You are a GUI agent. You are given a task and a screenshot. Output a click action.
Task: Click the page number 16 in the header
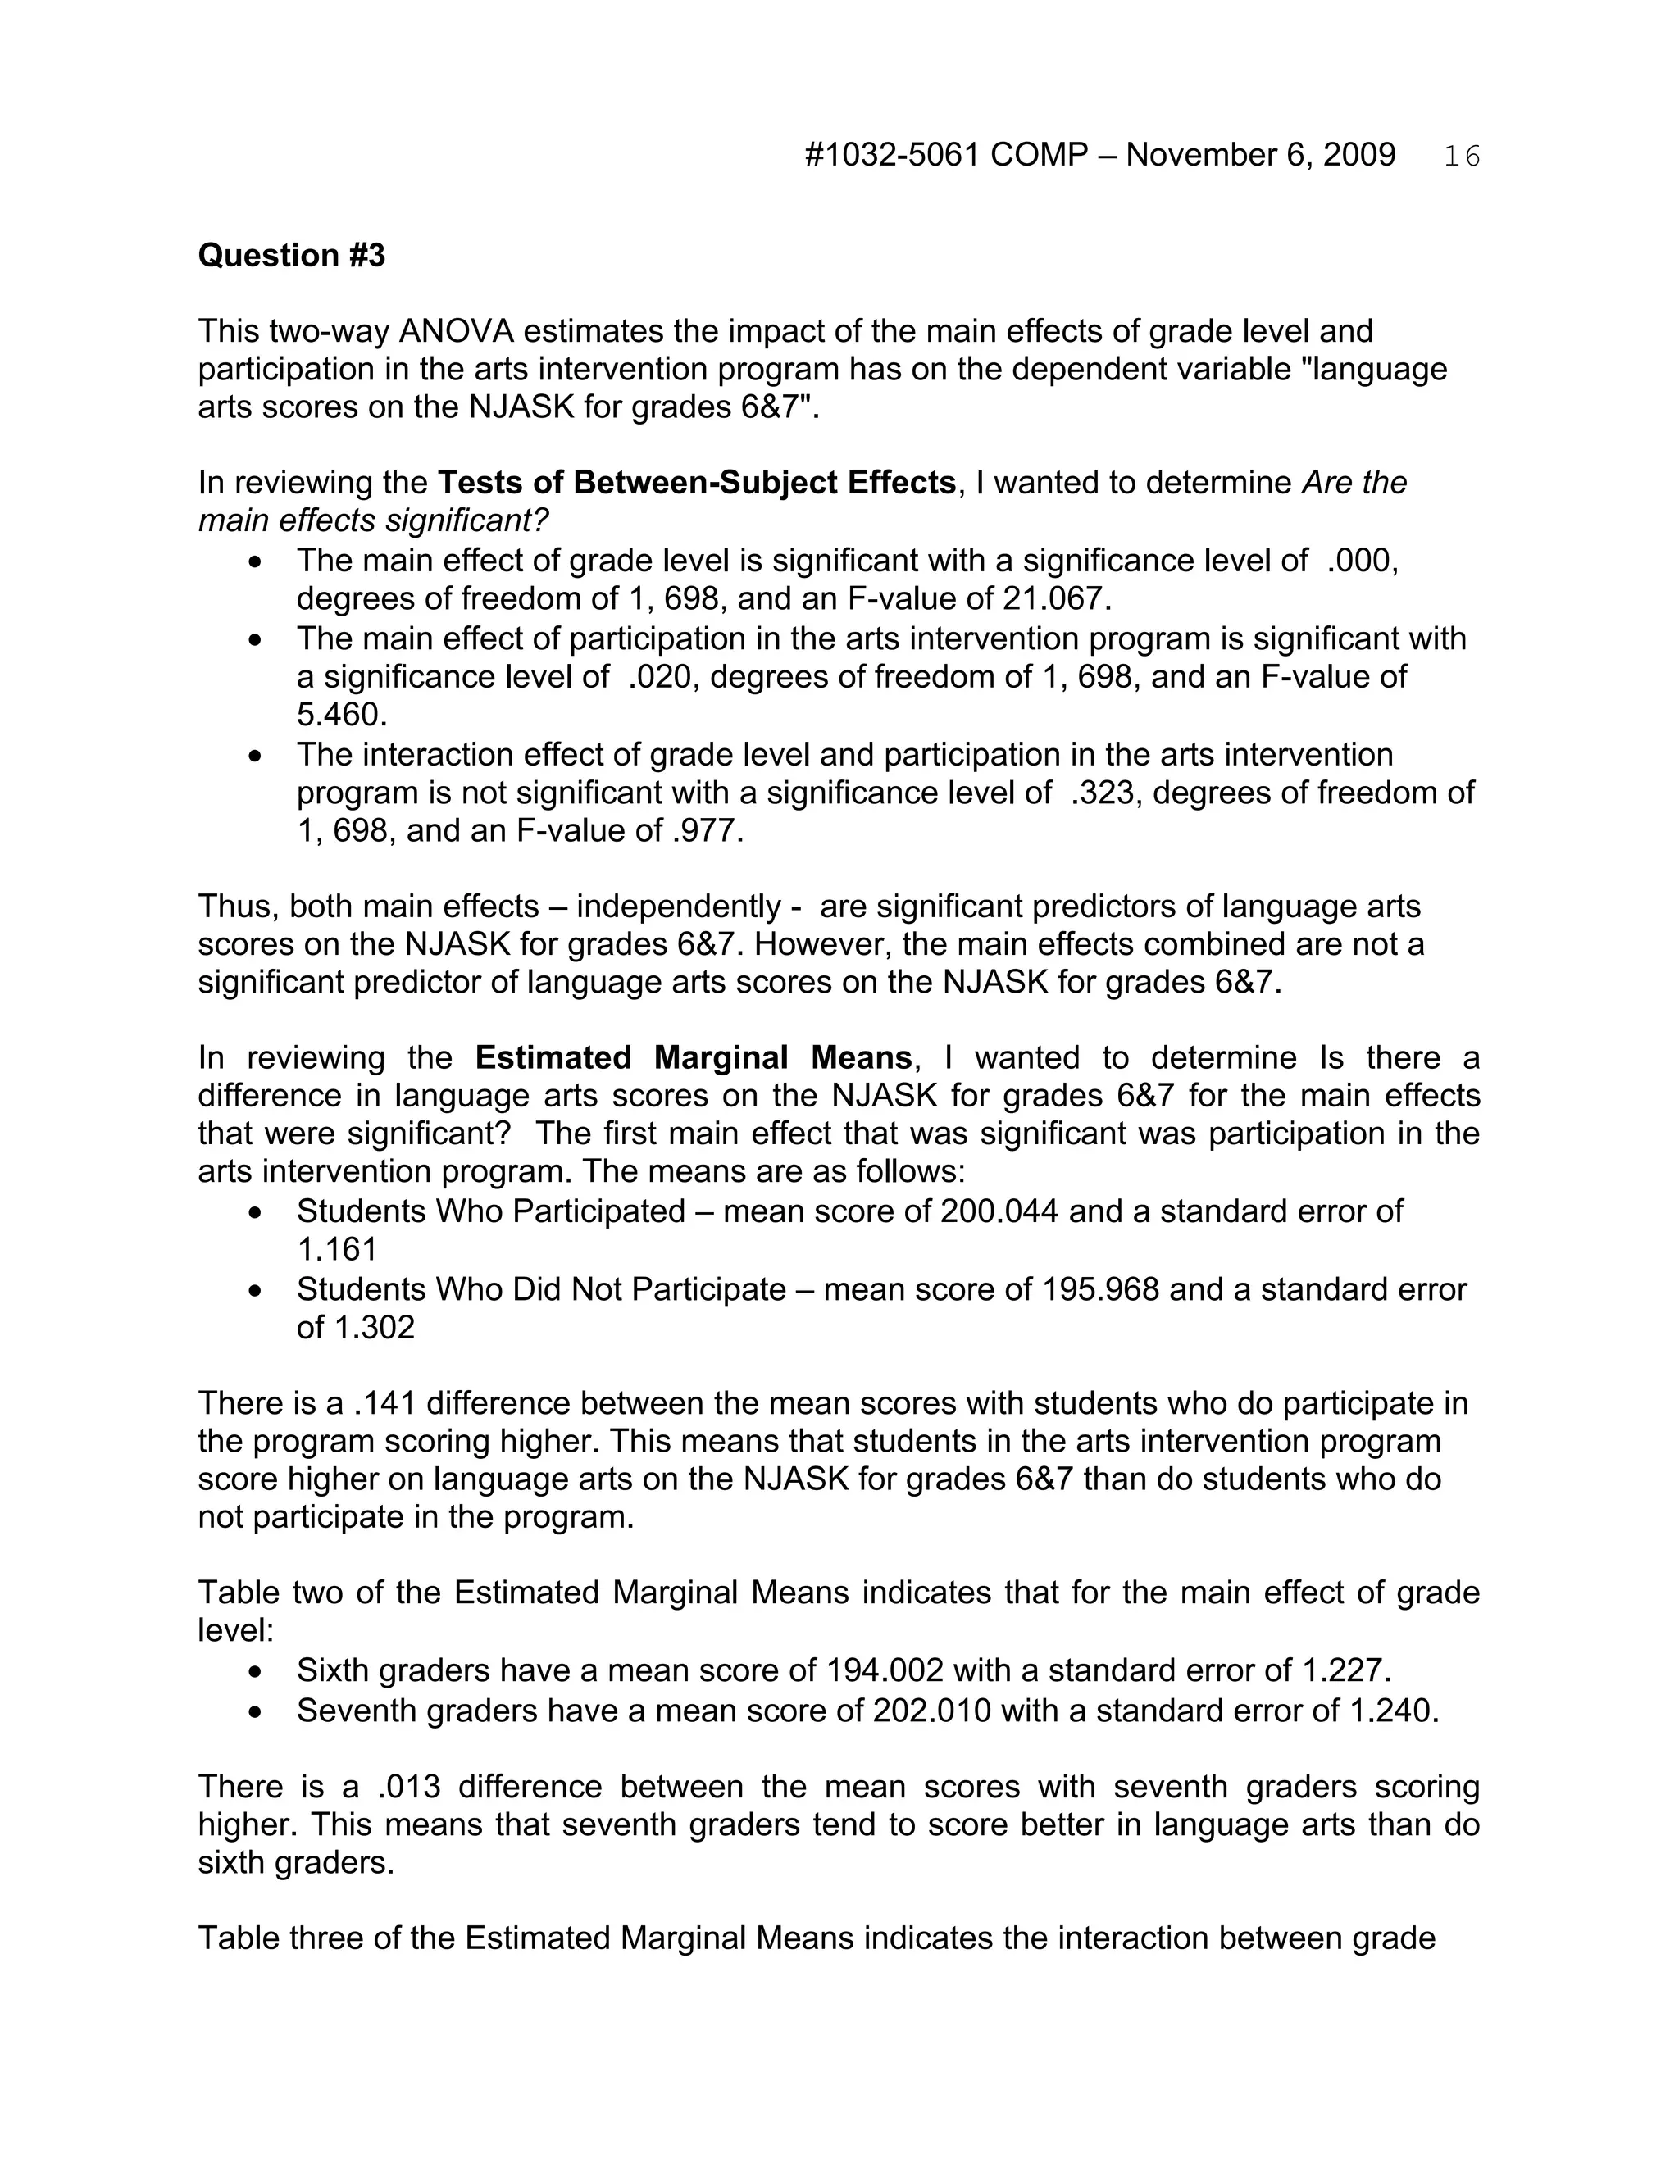click(1461, 156)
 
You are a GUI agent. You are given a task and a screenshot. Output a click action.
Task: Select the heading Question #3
click(291, 256)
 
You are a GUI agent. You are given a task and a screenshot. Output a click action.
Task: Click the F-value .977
click(704, 830)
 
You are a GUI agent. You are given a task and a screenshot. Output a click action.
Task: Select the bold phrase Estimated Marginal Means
click(694, 1056)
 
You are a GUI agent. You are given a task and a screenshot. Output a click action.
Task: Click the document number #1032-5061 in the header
click(892, 155)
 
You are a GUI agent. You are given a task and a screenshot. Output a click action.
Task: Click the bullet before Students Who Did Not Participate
click(257, 1291)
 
